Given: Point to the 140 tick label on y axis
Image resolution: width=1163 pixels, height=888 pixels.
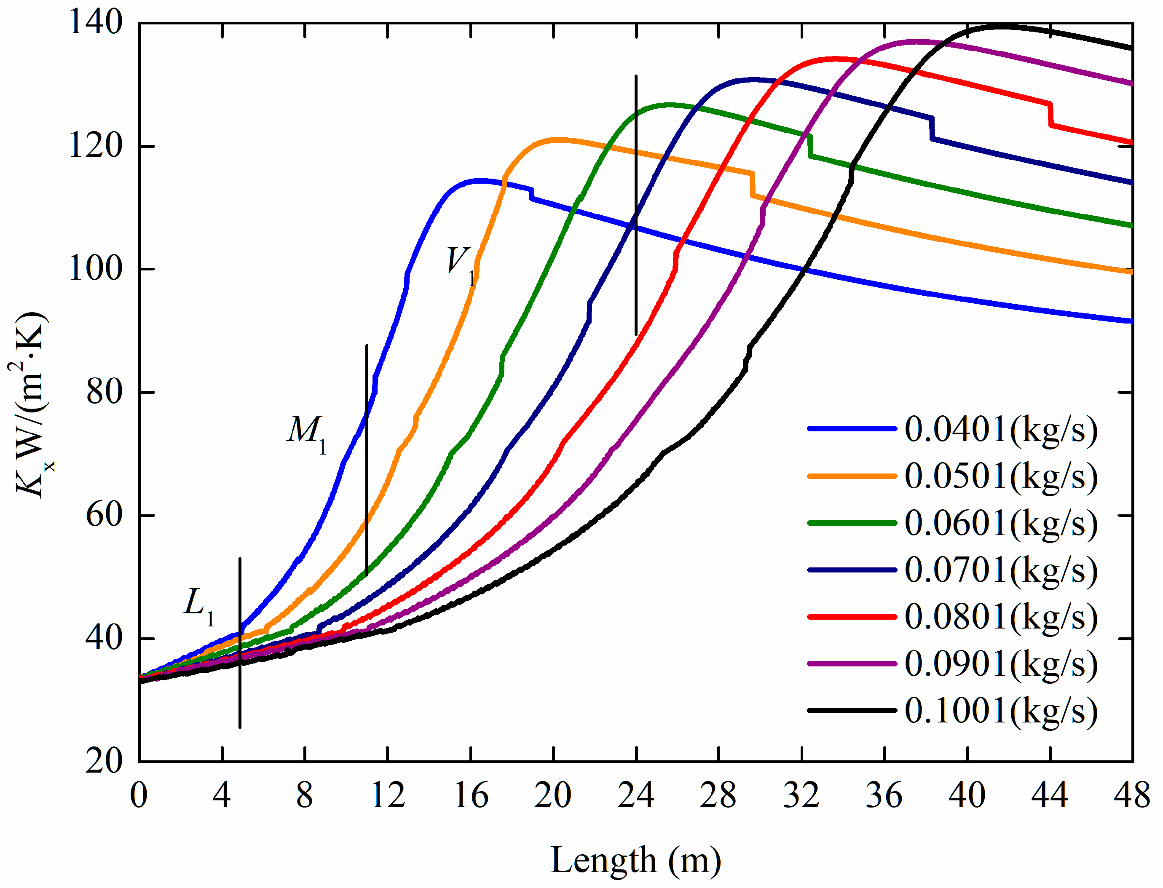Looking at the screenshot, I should click(x=96, y=23).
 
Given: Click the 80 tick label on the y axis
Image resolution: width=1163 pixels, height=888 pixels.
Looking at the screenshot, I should click(x=104, y=392).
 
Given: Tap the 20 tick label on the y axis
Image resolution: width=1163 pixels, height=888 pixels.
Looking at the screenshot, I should click(x=104, y=762).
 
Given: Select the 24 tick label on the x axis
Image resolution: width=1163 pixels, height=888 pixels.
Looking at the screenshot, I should click(x=636, y=795).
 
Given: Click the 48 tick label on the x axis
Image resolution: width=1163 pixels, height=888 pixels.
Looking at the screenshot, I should click(x=1132, y=795).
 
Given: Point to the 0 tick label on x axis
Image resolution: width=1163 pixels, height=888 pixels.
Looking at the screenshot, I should click(x=139, y=795).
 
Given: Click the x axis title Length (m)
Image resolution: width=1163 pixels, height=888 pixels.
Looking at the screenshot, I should click(x=636, y=861).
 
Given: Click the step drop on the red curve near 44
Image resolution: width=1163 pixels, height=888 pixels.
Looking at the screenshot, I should click(x=1050, y=114).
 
